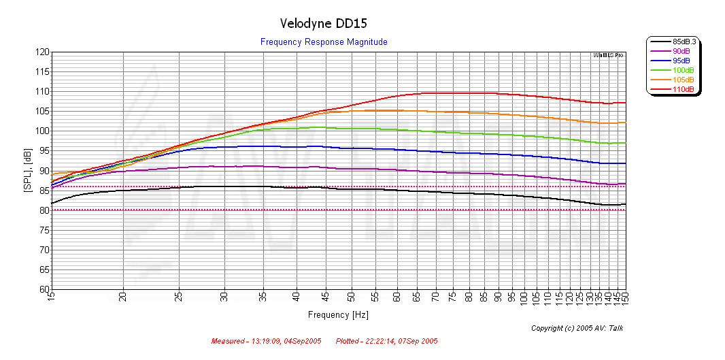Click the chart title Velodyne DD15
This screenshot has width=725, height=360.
coord(324,23)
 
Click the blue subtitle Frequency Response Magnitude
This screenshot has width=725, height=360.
coord(324,42)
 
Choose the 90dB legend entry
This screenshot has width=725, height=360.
coord(681,51)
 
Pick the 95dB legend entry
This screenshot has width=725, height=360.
coord(681,61)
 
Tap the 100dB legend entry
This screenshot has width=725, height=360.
coord(683,70)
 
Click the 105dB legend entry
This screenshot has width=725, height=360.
coord(683,80)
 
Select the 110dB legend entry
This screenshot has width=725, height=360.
coord(683,89)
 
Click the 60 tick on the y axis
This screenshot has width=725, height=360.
coord(44,289)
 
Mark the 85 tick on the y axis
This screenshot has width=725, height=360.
coord(44,191)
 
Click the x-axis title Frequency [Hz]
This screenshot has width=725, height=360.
coord(338,315)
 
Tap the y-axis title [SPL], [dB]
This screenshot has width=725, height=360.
coord(28,171)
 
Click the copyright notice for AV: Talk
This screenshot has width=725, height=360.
coord(577,329)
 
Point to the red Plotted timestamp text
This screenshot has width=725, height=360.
coord(386,341)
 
